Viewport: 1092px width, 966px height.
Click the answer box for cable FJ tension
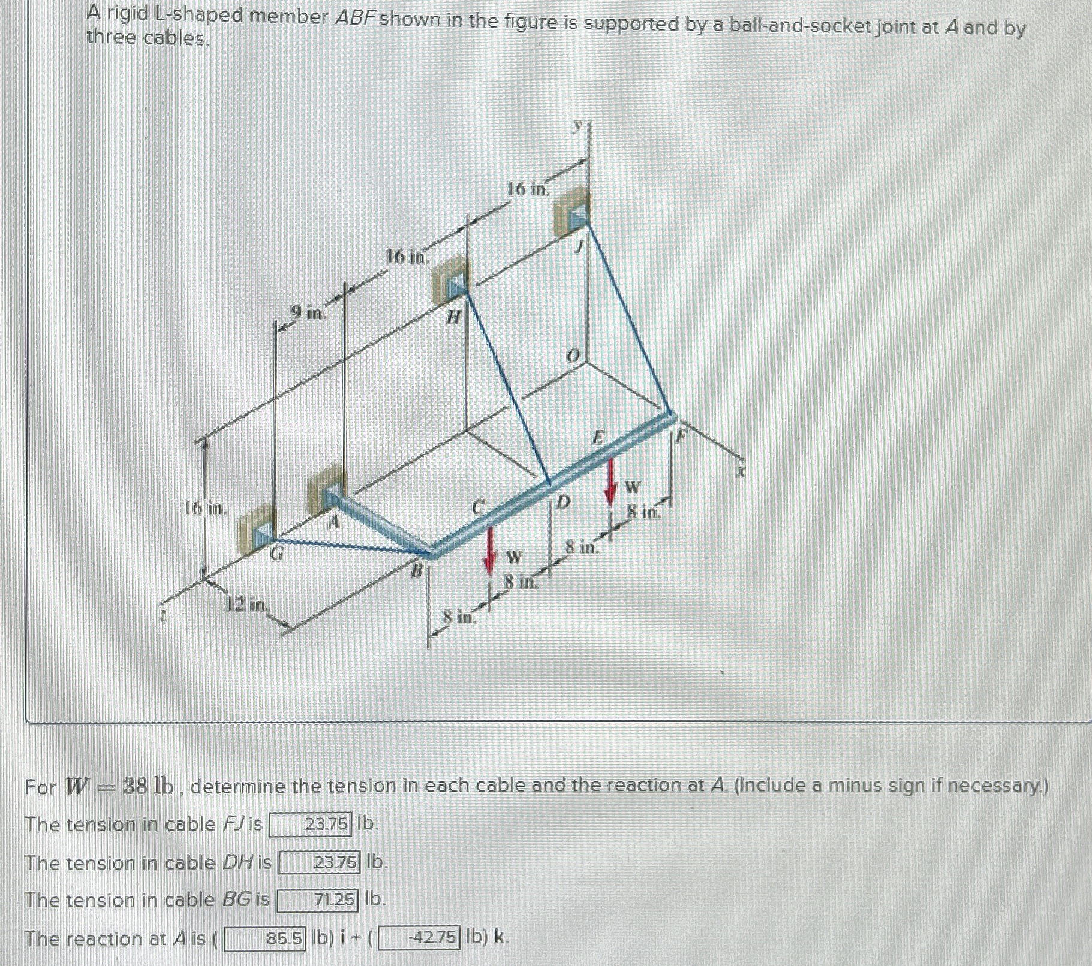click(x=309, y=825)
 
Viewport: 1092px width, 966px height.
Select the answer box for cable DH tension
click(x=320, y=863)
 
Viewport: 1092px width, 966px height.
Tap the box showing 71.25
click(x=318, y=900)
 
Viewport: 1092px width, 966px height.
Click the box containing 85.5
click(x=266, y=938)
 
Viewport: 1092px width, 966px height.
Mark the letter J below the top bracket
click(x=579, y=247)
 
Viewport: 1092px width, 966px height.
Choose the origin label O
click(x=573, y=356)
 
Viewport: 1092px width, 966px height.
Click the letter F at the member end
click(x=679, y=436)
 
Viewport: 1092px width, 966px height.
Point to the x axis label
click(x=741, y=472)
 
